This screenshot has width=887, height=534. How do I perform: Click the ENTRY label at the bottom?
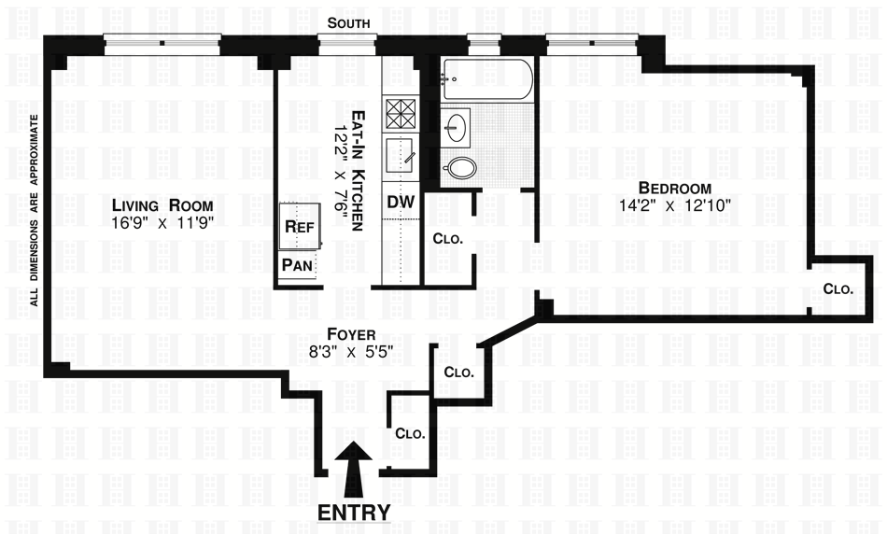(x=354, y=512)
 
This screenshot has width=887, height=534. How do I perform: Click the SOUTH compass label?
(x=348, y=23)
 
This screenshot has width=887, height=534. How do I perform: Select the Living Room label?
(x=162, y=204)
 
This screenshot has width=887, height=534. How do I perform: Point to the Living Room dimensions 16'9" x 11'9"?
(x=162, y=223)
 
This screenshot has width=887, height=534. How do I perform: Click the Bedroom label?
(x=675, y=188)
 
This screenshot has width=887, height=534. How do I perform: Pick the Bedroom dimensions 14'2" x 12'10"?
(x=675, y=205)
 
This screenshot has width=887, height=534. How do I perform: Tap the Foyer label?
(x=351, y=335)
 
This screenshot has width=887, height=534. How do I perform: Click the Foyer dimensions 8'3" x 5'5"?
(x=351, y=352)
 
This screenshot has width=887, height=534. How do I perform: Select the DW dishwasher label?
(x=401, y=202)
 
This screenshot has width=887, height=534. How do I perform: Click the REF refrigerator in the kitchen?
(x=300, y=226)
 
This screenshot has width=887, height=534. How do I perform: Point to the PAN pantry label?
(x=297, y=265)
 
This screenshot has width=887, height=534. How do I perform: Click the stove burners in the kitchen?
(x=401, y=115)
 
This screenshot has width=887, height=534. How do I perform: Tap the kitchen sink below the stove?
(x=401, y=156)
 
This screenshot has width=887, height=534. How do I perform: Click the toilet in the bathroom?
(x=459, y=168)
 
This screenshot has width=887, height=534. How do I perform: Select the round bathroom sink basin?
(x=456, y=127)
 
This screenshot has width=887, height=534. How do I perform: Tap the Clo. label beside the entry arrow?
(x=410, y=434)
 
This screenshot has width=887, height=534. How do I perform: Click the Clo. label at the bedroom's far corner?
(x=838, y=289)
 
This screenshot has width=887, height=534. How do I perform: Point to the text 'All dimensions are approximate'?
(x=34, y=210)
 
